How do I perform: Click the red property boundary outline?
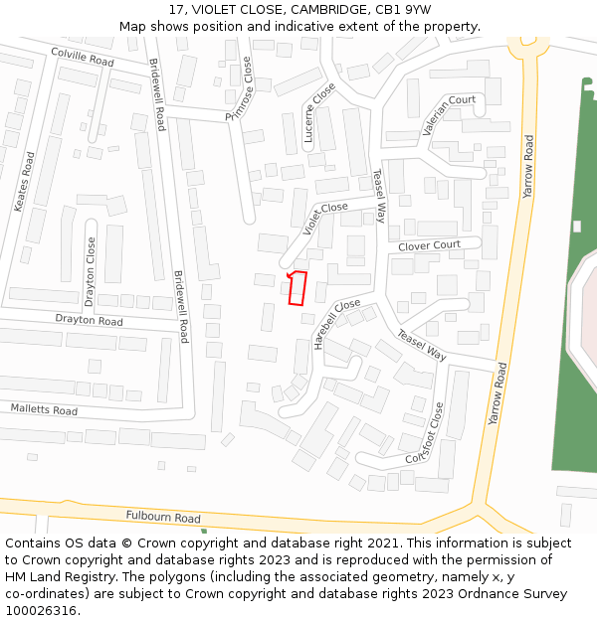click(297, 287)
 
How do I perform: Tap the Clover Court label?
click(429, 245)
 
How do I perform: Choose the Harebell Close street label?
click(335, 323)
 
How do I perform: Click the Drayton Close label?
click(91, 271)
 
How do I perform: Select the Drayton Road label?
click(89, 321)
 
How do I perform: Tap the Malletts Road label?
click(44, 409)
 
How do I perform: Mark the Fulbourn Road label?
click(163, 517)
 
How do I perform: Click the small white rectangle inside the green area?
click(576, 227)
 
